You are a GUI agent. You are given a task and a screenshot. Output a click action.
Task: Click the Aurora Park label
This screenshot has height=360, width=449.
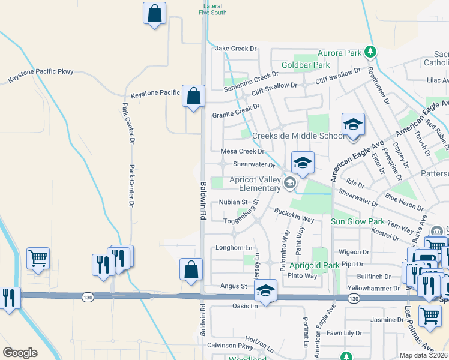pyautogui.click(x=340, y=53)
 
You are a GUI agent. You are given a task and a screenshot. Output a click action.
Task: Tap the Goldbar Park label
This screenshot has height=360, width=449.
pyautogui.click(x=306, y=65)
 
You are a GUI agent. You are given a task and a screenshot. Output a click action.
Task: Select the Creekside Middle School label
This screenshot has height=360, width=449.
pyautogui.click(x=298, y=136)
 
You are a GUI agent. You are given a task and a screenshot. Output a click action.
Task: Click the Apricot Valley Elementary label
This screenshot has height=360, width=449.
pyautogui.click(x=252, y=184)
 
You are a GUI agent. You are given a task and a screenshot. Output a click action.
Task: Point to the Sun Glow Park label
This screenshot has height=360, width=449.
pyautogui.click(x=358, y=222)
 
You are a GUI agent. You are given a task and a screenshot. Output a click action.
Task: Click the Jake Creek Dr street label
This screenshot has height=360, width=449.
pyautogui.click(x=235, y=49)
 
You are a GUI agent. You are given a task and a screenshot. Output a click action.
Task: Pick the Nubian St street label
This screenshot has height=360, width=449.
pyautogui.click(x=234, y=202)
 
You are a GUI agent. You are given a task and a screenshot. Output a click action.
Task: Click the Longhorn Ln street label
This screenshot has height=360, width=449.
pyautogui.click(x=234, y=248)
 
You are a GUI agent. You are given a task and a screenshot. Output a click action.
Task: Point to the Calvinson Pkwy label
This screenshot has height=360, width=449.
pyautogui.click(x=229, y=346)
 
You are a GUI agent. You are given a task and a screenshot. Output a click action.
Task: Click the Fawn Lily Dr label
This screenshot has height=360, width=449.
pyautogui.click(x=344, y=333)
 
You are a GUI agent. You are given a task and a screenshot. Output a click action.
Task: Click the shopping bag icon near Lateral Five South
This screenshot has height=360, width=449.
pyautogui.click(x=154, y=13)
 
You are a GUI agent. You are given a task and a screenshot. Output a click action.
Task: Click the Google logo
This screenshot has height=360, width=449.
pyautogui.click(x=20, y=353)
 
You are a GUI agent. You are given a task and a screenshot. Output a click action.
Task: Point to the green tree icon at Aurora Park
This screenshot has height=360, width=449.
pyautogui.click(x=371, y=52)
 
